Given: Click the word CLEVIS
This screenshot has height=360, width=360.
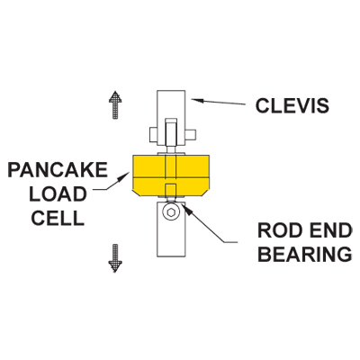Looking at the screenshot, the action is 292,105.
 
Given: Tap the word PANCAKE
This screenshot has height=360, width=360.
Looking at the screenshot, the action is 58,170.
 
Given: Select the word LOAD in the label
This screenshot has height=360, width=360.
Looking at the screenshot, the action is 58,194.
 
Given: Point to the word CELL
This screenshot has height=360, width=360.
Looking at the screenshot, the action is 58,218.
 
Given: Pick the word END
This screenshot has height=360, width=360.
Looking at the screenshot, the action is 328,230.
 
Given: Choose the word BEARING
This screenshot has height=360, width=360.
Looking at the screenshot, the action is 305,255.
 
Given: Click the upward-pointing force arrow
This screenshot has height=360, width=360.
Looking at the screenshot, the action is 115,105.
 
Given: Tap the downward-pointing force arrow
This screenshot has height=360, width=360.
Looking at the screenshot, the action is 115,258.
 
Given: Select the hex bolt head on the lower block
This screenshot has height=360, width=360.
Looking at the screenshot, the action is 171,212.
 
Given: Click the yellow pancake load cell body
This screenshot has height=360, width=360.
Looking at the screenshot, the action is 170,175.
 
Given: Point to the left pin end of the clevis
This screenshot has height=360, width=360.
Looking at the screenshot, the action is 153,135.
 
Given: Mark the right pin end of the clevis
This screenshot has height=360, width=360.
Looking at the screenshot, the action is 191,135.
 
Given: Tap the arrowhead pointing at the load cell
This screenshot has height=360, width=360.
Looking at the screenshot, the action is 126,175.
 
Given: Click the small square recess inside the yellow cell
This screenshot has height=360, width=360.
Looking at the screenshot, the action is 170,190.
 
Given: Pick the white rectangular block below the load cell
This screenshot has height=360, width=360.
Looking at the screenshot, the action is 172,229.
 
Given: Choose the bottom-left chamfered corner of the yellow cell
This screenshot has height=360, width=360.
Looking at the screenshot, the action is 135,193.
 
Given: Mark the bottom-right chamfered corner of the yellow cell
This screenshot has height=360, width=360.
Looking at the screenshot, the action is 206,193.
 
